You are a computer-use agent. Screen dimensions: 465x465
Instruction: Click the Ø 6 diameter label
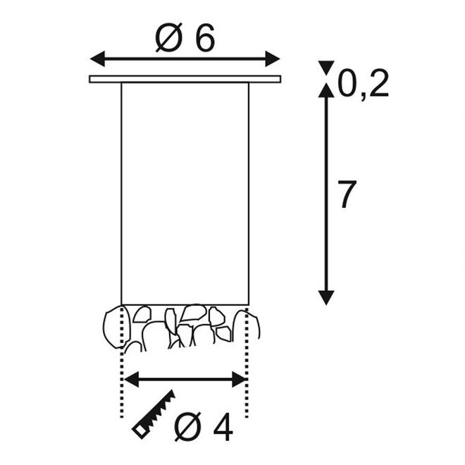(x=185, y=37)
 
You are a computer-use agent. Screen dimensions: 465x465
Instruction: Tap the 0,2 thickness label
(x=364, y=84)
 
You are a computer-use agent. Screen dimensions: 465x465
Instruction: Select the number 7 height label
(x=347, y=194)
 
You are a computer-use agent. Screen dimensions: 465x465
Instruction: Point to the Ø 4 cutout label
(x=204, y=426)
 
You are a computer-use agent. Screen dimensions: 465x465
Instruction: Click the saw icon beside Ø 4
(x=154, y=414)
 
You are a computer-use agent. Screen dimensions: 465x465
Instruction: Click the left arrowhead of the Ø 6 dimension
(x=97, y=58)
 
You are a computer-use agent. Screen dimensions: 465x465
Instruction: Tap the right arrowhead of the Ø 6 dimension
(x=273, y=58)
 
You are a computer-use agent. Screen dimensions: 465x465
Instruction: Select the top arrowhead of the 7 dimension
(x=326, y=90)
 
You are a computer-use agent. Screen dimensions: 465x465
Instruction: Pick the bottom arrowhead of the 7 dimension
(x=326, y=297)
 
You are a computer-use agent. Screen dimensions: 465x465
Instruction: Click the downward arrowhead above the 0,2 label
(x=326, y=68)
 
